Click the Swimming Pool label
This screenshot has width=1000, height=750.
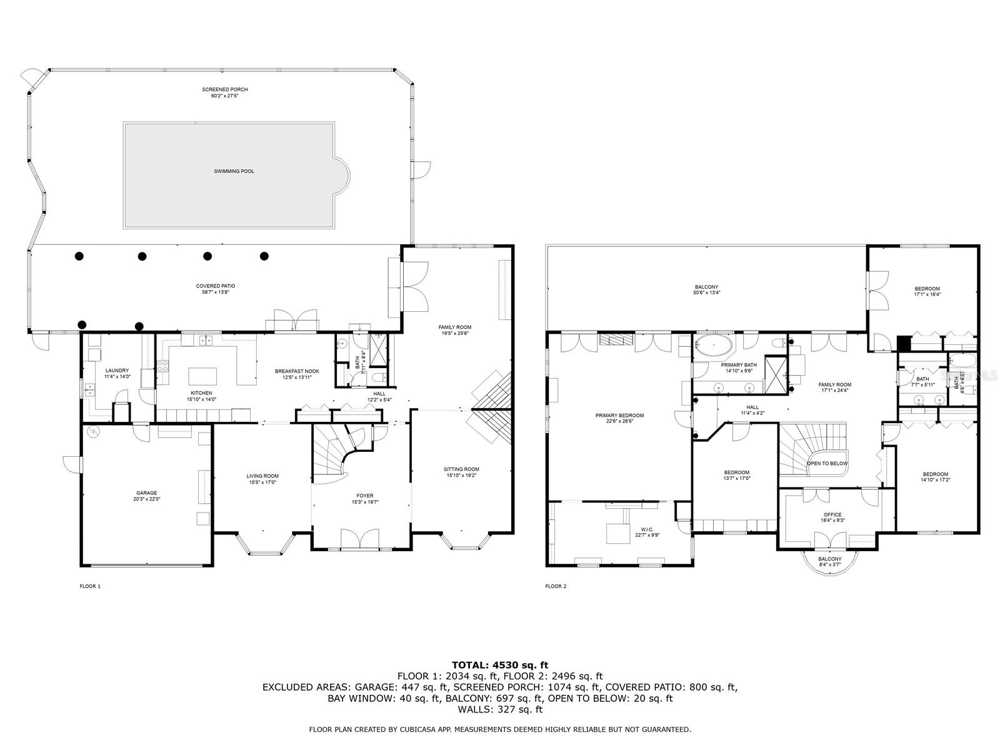pyautogui.click(x=234, y=171)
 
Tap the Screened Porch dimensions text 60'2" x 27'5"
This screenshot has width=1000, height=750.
pyautogui.click(x=225, y=96)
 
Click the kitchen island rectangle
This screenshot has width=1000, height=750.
pyautogui.click(x=204, y=376)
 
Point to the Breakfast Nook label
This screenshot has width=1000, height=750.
pyautogui.click(x=297, y=371)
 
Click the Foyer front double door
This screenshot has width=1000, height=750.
pyautogui.click(x=360, y=539)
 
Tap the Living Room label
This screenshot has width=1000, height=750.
pyautogui.click(x=262, y=476)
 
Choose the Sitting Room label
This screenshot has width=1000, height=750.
pyautogui.click(x=461, y=469)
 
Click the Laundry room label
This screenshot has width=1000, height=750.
pyautogui.click(x=117, y=371)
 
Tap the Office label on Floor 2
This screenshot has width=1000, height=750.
pyautogui.click(x=832, y=515)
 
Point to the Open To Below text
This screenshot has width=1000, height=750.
pyautogui.click(x=827, y=464)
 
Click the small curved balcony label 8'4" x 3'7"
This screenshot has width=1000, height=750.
pyautogui.click(x=829, y=564)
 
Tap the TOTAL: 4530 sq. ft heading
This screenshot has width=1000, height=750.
pyautogui.click(x=500, y=665)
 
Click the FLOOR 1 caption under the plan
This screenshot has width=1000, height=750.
pyautogui.click(x=90, y=586)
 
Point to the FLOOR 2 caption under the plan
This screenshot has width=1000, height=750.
pyautogui.click(x=556, y=586)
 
